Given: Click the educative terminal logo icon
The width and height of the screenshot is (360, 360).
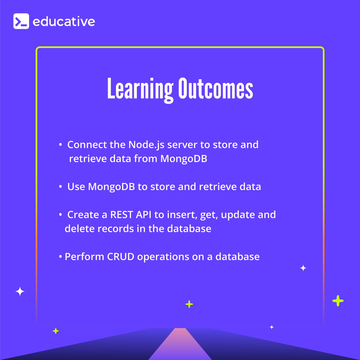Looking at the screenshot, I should [x=21, y=21].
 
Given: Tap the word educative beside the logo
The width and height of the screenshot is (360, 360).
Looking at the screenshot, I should [x=64, y=22].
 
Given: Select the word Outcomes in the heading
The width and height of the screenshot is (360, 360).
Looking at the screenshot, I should [x=216, y=89].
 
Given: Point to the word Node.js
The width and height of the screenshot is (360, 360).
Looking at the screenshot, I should [x=146, y=145].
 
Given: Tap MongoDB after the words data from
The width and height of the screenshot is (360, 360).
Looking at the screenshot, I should [x=184, y=158].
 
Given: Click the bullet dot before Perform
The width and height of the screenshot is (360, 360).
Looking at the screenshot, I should [x=61, y=257].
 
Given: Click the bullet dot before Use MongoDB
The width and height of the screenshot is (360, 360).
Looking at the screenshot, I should [x=61, y=187].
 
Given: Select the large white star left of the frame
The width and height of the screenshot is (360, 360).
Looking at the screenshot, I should [x=20, y=291].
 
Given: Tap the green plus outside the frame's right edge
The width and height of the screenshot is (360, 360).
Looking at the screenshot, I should [x=338, y=301].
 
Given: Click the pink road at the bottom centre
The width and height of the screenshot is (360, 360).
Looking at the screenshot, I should [x=180, y=345].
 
